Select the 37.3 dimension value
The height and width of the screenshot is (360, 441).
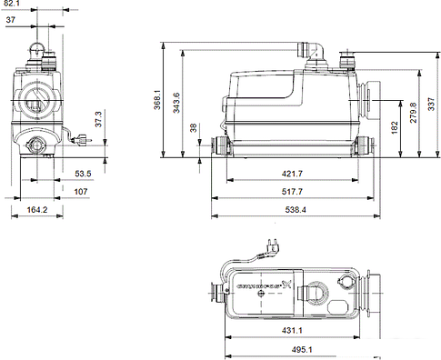[x=97, y=119]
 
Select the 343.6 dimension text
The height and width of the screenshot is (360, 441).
[x=176, y=100]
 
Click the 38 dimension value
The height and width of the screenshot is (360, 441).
[x=193, y=127]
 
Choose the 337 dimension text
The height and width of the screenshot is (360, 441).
[x=432, y=100]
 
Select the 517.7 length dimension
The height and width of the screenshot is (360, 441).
[x=292, y=192]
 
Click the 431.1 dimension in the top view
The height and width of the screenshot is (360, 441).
[x=292, y=331]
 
